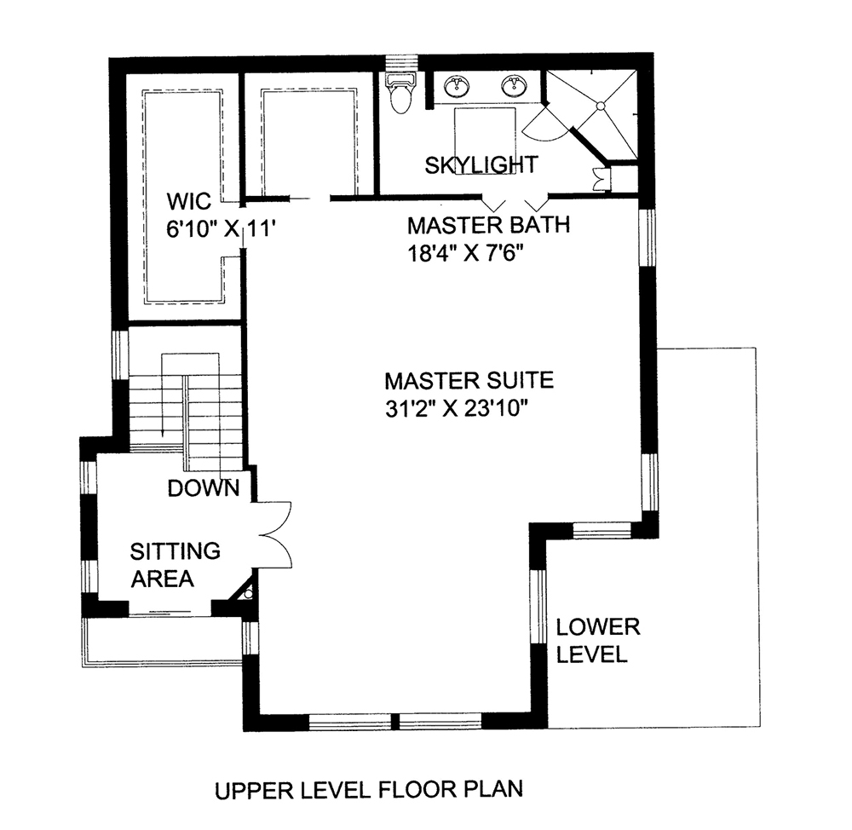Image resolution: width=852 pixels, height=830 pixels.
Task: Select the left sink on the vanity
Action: coord(458,85)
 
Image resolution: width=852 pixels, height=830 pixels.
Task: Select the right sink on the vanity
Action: coord(513,85)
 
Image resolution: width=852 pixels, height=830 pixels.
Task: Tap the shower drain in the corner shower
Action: coord(601,107)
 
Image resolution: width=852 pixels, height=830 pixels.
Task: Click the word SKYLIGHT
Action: coord(481,164)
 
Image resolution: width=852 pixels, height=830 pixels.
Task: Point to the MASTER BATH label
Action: coord(487,227)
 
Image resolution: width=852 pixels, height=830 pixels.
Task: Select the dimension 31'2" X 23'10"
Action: coord(458,409)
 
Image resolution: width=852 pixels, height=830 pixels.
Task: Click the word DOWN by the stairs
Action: coord(203,489)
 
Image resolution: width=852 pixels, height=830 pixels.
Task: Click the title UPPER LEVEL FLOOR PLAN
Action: coord(367,790)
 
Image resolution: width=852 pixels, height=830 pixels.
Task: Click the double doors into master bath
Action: coord(511,204)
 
